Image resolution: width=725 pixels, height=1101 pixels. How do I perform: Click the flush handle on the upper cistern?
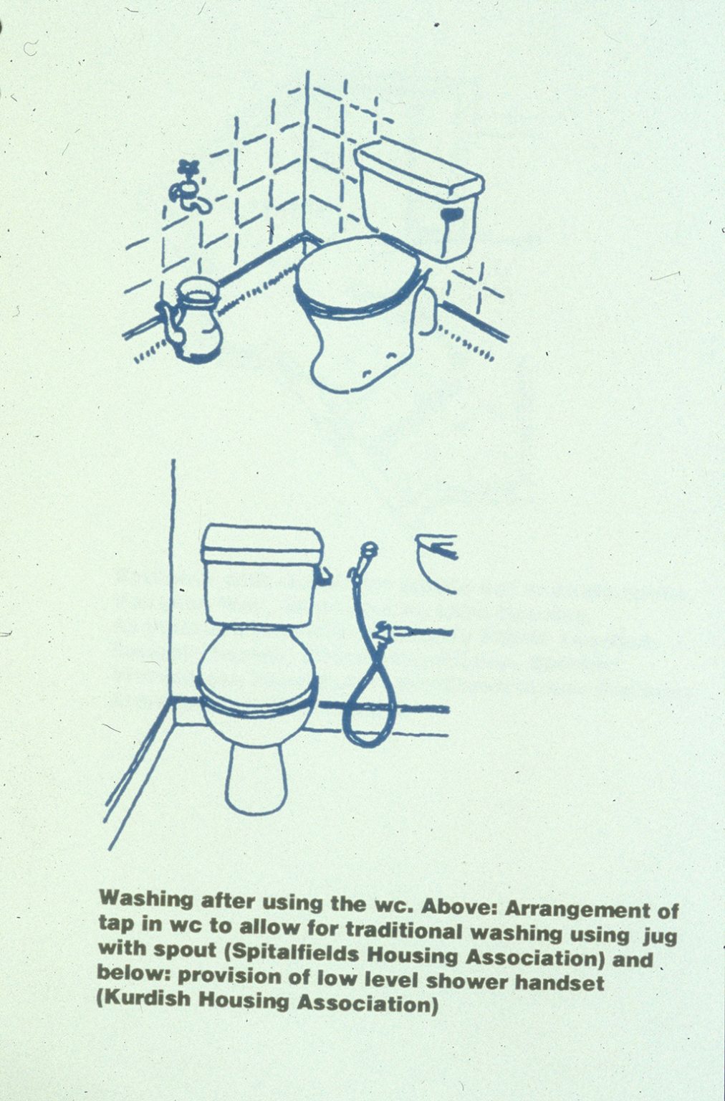[452, 214]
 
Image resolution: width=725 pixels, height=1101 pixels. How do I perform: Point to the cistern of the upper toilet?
[421, 199]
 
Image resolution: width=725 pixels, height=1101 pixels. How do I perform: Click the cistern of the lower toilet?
[263, 575]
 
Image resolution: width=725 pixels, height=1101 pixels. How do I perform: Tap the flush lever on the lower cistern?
[325, 576]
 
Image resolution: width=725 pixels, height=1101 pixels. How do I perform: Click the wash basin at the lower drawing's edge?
[437, 563]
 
